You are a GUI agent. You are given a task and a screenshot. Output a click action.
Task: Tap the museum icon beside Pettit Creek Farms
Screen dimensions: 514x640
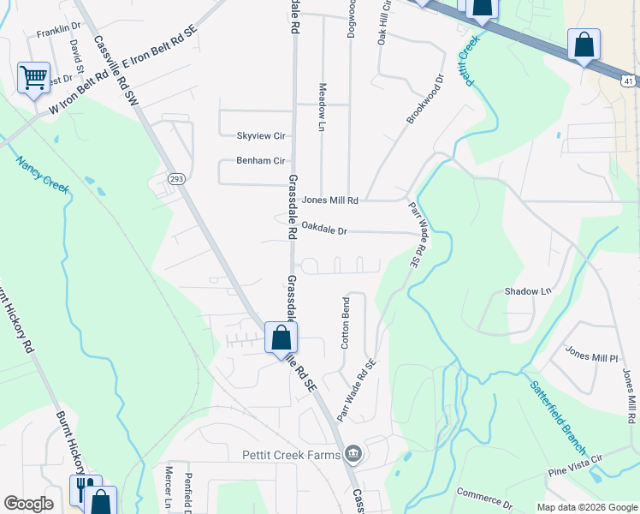point(353,453)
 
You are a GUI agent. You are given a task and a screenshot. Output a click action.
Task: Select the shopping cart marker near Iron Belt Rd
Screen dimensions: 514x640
point(33,79)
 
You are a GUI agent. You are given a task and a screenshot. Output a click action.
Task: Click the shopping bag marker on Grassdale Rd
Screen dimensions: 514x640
point(281,339)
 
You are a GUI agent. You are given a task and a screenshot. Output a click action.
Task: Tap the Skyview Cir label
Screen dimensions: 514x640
point(260,136)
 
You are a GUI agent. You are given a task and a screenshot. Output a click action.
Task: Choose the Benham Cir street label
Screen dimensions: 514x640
point(260,161)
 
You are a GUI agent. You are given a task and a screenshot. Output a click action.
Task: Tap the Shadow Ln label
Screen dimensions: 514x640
point(527,291)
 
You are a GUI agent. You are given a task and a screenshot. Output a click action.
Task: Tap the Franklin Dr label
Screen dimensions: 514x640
point(58,33)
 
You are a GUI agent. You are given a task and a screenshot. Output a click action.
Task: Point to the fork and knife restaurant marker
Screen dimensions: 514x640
point(85,488)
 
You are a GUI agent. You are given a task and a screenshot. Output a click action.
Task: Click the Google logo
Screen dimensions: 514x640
point(28,504)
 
